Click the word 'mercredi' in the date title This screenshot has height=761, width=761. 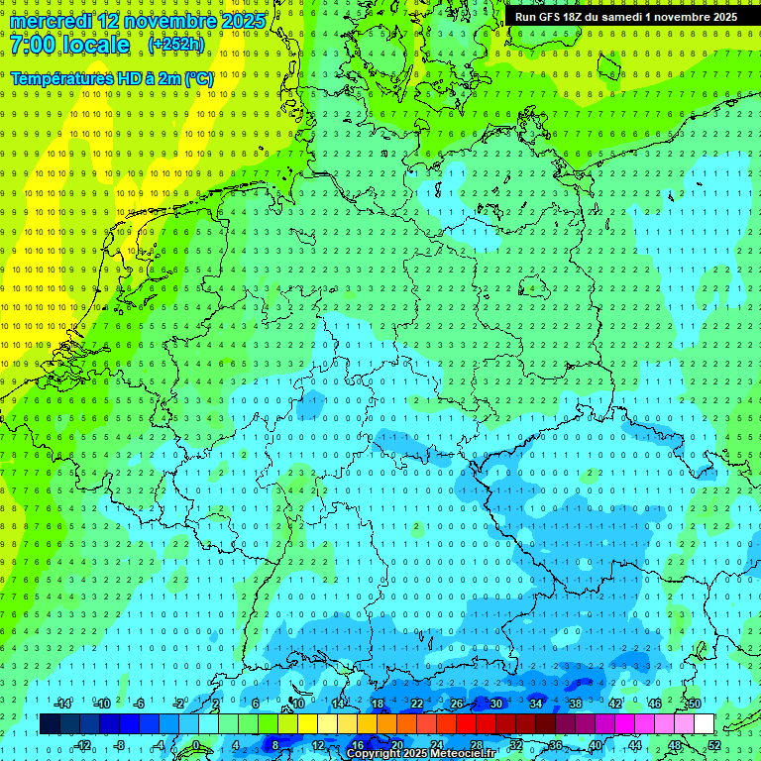pyautogui.click(x=50, y=21)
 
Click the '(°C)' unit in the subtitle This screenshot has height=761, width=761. pyautogui.click(x=197, y=77)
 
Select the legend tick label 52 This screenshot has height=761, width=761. pyautogui.click(x=714, y=746)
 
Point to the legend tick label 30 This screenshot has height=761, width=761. pyautogui.click(x=495, y=704)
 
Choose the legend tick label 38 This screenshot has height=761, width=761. pyautogui.click(x=575, y=704)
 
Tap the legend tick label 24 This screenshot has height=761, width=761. pyautogui.click(x=436, y=746)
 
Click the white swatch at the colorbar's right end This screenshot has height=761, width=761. pyautogui.click(x=704, y=724)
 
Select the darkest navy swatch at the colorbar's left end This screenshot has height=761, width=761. pyautogui.click(x=50, y=724)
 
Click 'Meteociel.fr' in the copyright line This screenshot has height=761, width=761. pyautogui.click(x=463, y=754)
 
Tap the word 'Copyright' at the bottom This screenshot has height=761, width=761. pyautogui.click(x=375, y=754)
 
